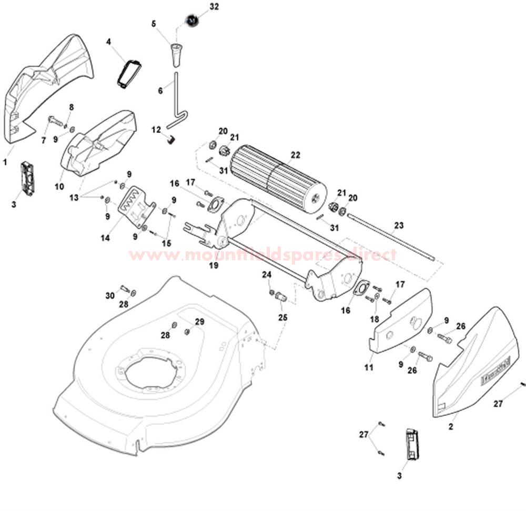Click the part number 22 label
click(x=295, y=155)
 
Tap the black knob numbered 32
click(x=192, y=21)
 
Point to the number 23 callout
click(x=399, y=226)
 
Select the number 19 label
click(x=214, y=265)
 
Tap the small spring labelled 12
click(x=170, y=139)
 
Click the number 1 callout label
click(x=5, y=162)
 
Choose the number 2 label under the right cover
click(x=450, y=427)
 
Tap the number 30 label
click(x=109, y=296)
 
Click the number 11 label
click(x=369, y=367)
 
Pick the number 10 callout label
click(x=59, y=187)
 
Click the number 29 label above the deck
click(x=199, y=321)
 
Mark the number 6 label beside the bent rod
click(x=160, y=90)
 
